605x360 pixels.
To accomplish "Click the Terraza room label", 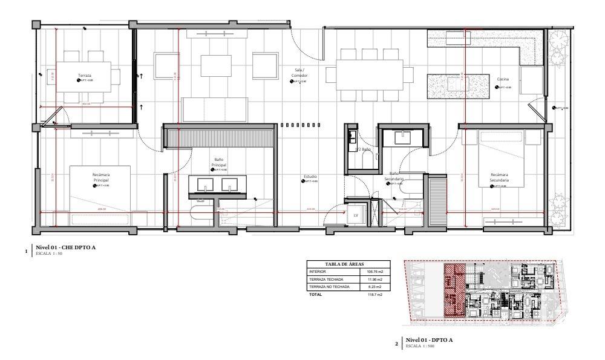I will [84, 76].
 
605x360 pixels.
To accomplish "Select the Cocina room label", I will [503, 80].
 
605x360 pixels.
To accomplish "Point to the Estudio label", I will [310, 177].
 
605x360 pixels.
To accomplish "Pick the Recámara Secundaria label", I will [499, 177].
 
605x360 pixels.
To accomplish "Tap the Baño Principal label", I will [218, 162].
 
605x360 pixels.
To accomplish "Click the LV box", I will [355, 214].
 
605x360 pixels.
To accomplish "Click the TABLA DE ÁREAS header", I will [348, 264].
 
